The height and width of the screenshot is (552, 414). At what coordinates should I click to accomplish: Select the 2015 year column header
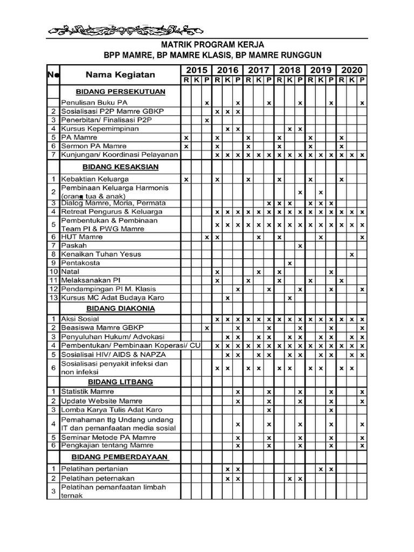197,70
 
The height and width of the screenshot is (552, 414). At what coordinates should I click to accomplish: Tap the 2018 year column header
289,70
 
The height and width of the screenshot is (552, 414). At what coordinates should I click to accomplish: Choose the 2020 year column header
351,70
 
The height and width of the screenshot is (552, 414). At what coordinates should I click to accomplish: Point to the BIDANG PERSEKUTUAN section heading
121,92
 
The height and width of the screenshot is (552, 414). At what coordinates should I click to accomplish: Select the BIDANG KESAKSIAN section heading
121,167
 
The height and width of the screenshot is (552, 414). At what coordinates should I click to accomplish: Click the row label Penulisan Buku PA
94,102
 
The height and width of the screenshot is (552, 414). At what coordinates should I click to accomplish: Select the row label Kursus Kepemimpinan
100,129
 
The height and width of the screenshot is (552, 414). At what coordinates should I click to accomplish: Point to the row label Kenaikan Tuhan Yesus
101,254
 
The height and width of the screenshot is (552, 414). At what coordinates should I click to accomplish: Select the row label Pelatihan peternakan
98,478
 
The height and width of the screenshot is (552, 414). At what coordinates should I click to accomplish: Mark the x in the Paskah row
300,246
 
